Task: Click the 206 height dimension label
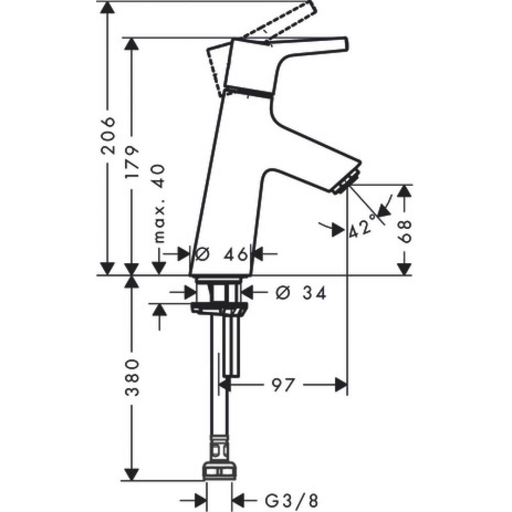tap(108, 136)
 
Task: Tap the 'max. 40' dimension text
tap(159, 203)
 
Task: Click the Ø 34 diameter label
tap(300, 292)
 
